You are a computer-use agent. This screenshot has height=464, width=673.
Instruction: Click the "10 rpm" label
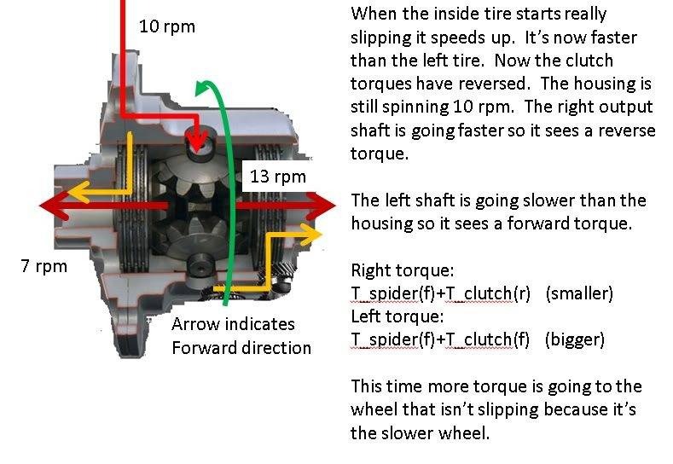(x=167, y=27)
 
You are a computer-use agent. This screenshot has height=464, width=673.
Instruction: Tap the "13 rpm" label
(x=278, y=177)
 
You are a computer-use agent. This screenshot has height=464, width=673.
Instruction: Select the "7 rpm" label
(x=44, y=266)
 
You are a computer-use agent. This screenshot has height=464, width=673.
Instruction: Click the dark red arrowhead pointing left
(x=54, y=206)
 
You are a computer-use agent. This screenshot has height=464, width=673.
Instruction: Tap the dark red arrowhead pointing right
(x=322, y=206)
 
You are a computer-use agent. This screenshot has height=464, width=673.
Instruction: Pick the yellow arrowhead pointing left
(x=78, y=191)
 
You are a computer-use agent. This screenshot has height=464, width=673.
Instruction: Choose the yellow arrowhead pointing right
(x=312, y=235)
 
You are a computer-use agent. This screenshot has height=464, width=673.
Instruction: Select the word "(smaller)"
(x=579, y=293)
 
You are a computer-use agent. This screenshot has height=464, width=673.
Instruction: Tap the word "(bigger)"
(x=574, y=339)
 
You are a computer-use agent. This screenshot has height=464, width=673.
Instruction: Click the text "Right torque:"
(x=402, y=270)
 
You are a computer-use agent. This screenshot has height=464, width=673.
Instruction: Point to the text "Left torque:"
(x=397, y=316)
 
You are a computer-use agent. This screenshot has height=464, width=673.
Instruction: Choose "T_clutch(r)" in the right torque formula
(x=488, y=293)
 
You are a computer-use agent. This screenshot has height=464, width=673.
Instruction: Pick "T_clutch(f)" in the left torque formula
(x=488, y=339)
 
